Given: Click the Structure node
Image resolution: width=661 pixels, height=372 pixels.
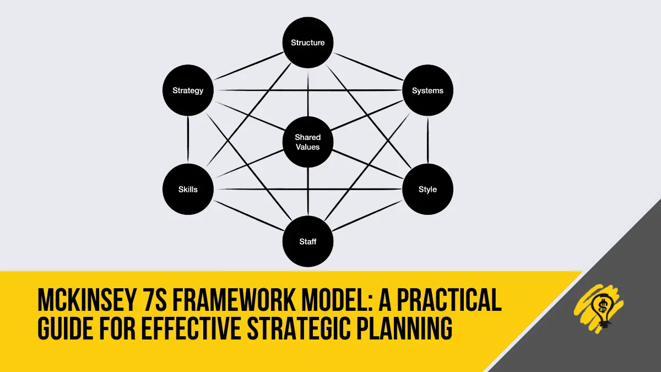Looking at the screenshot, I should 308,42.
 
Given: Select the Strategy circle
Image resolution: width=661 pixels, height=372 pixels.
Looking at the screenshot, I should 188,90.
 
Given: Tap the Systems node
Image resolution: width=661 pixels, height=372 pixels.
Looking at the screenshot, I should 427,90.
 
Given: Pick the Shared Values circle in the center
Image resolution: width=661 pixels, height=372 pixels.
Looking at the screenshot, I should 308,142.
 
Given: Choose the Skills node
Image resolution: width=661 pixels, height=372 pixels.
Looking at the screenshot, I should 188,189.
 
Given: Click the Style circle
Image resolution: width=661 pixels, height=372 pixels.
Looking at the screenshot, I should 427,189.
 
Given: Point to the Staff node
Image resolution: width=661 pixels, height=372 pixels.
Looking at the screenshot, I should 308,241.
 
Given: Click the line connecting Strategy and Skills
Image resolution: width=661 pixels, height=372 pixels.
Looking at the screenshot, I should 188,139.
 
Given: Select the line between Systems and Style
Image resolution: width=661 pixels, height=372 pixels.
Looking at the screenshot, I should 427,139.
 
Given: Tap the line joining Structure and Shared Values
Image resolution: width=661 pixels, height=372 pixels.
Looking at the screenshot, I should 308,93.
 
